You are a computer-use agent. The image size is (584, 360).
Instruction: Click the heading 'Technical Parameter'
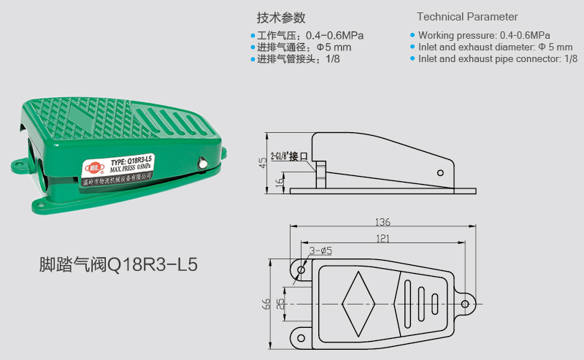click(x=467, y=17)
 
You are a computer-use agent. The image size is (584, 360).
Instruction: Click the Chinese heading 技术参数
click(x=280, y=18)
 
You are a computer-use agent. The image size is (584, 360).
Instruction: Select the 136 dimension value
click(x=383, y=221)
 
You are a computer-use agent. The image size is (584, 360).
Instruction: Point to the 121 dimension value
click(x=383, y=238)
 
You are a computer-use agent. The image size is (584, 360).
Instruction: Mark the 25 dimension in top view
click(x=280, y=303)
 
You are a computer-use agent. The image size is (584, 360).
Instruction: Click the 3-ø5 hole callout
click(x=320, y=250)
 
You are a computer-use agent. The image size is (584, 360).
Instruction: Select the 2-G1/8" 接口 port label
click(x=290, y=156)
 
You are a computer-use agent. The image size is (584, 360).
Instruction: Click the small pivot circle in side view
click(x=439, y=173)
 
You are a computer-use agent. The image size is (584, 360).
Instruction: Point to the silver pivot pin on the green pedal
click(x=201, y=164)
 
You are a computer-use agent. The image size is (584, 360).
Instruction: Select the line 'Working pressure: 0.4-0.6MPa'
click(x=484, y=35)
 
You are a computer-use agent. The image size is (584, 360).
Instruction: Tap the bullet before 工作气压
click(x=253, y=35)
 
